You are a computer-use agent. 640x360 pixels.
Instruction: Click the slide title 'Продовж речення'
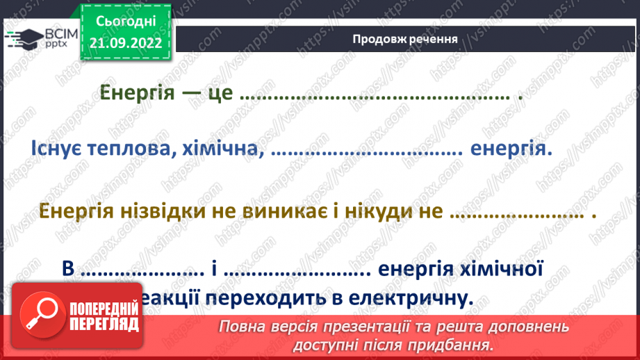[x=404, y=39]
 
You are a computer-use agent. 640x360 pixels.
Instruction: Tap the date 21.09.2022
[x=126, y=42]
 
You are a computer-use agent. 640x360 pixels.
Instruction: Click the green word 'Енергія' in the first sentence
[x=136, y=93]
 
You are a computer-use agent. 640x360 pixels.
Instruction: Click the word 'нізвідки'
[x=171, y=211]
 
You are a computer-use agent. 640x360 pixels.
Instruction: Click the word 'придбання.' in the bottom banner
[x=460, y=344]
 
